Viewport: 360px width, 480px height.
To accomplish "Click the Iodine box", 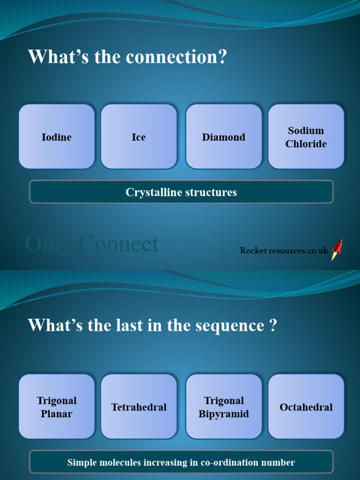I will click(x=57, y=136).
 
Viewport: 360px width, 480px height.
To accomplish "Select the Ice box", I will click(x=139, y=136).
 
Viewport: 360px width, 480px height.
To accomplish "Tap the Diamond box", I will click(x=224, y=136).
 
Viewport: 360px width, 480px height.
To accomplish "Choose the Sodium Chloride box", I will click(x=306, y=136).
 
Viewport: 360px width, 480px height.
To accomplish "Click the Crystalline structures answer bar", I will click(x=181, y=192).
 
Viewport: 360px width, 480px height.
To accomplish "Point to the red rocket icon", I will click(x=337, y=249).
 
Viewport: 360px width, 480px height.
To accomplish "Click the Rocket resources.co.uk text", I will click(x=284, y=250).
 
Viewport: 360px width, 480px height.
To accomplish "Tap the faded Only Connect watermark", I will click(x=92, y=244).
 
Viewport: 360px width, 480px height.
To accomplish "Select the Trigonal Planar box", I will click(x=57, y=406).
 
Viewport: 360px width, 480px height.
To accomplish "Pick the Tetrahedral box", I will click(x=139, y=406).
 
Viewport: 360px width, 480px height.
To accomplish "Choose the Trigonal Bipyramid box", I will click(x=224, y=406).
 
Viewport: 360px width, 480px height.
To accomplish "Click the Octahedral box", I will click(x=306, y=406).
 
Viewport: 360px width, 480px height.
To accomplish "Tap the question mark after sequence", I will click(x=273, y=325).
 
